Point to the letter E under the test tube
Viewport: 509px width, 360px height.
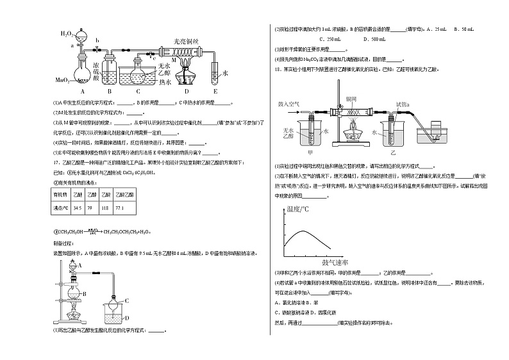coord(215,91)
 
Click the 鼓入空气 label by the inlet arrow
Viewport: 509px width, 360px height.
coord(290,103)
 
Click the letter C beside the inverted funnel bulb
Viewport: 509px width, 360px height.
coord(127,300)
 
